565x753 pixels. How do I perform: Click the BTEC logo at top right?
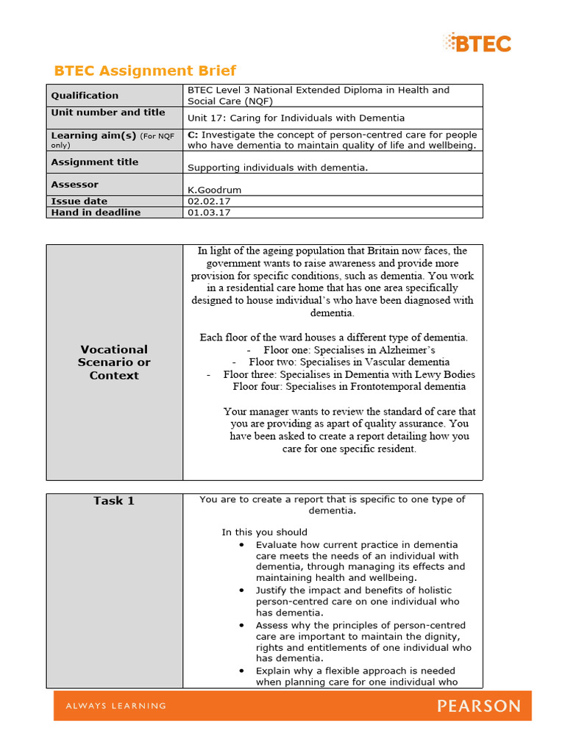click(477, 43)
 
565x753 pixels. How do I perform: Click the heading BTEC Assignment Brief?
click(145, 71)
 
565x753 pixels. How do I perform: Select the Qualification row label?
click(85, 95)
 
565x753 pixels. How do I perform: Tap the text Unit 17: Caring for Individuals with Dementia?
click(296, 118)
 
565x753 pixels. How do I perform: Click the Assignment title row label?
click(94, 162)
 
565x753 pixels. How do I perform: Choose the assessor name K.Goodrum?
click(214, 190)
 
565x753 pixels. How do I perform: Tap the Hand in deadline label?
click(96, 213)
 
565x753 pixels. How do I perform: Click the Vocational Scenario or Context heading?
click(114, 363)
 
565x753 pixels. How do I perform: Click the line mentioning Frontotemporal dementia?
click(349, 386)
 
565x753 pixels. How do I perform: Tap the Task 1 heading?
click(114, 501)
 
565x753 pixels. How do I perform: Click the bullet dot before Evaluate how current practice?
click(242, 545)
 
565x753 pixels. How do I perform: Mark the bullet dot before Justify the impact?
click(242, 590)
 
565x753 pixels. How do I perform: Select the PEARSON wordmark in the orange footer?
click(479, 706)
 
